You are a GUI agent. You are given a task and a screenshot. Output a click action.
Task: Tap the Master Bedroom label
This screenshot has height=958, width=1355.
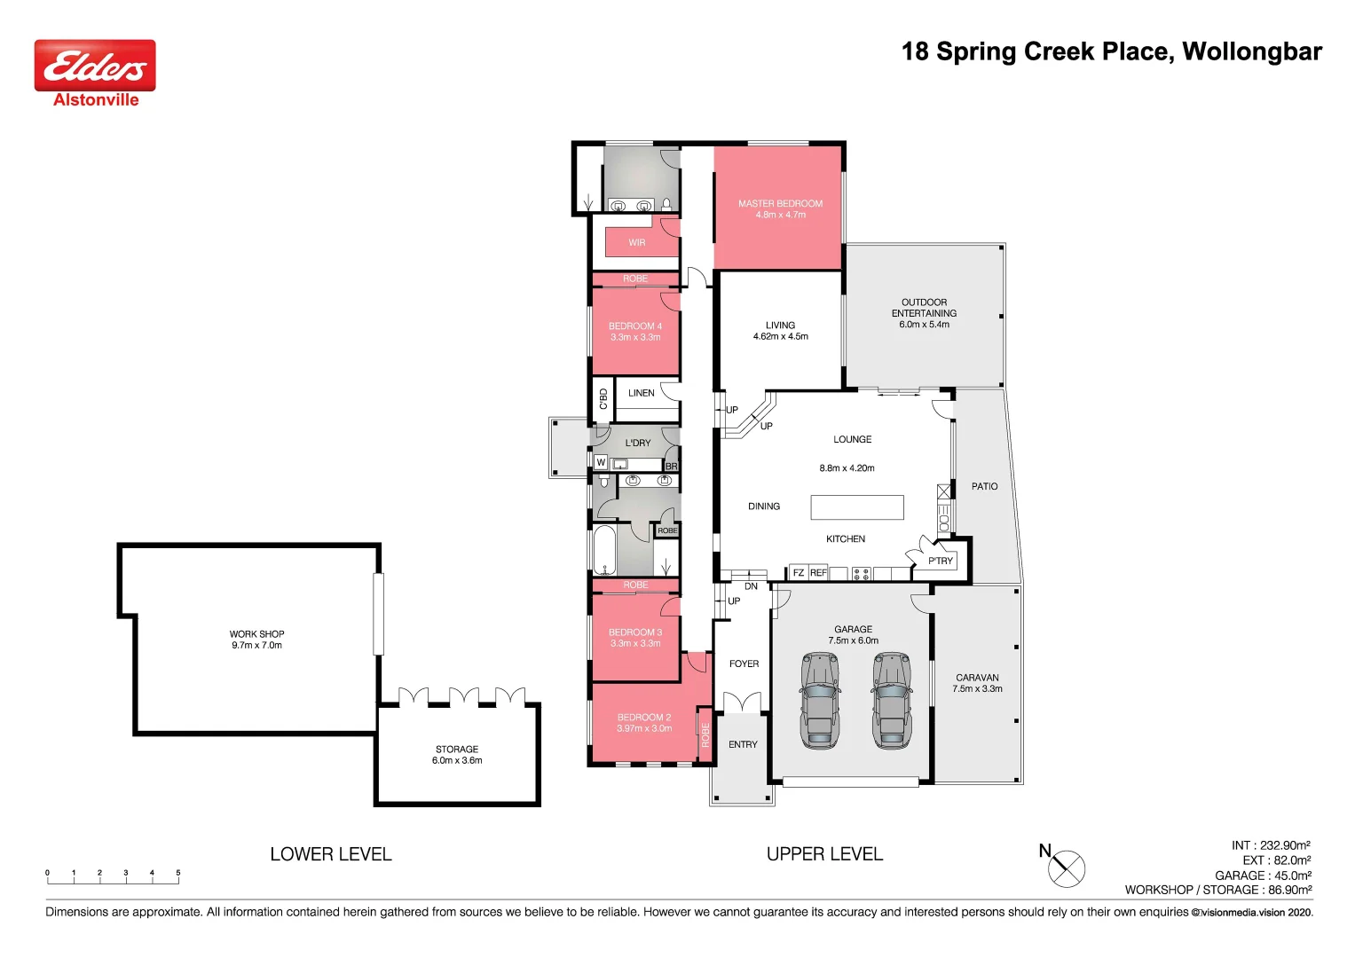point(780,204)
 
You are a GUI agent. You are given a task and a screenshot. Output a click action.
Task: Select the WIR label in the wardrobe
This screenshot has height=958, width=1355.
point(637,242)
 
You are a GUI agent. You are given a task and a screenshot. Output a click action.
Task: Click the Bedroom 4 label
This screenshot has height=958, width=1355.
point(635,326)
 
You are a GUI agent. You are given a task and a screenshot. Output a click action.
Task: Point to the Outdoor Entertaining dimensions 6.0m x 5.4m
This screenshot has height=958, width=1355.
point(925,324)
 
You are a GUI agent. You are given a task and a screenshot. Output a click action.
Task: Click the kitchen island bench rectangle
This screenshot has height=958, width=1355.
point(857,507)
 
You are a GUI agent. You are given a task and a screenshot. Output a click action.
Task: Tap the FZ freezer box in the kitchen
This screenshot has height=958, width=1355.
point(799,573)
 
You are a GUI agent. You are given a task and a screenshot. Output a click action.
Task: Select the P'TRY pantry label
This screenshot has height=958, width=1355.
point(941,561)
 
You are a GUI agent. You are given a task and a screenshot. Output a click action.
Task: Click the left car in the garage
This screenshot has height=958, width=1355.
point(820,701)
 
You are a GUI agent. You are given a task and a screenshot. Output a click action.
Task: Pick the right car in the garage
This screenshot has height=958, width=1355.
point(892,701)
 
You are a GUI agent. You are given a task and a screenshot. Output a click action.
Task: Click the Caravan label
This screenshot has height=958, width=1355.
point(978,678)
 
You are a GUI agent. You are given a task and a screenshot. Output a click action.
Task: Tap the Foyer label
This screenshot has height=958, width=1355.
point(744,664)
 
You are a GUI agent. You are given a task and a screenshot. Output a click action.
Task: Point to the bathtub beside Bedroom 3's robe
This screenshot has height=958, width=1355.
point(604,550)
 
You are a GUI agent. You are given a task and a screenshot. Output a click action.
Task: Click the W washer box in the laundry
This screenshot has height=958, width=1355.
point(601,463)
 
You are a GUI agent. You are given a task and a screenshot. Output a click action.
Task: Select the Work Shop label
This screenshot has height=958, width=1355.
point(256,634)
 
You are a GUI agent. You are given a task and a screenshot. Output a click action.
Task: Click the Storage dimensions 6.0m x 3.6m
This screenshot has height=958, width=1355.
point(457,760)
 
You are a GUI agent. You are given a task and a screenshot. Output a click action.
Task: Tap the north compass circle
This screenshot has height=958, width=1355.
point(1067,869)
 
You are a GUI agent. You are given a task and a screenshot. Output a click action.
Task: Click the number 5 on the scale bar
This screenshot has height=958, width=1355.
point(177,873)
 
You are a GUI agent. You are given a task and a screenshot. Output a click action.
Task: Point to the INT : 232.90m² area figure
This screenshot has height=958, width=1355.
point(1271,844)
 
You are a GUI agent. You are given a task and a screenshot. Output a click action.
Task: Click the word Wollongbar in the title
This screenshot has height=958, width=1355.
point(1252,51)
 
